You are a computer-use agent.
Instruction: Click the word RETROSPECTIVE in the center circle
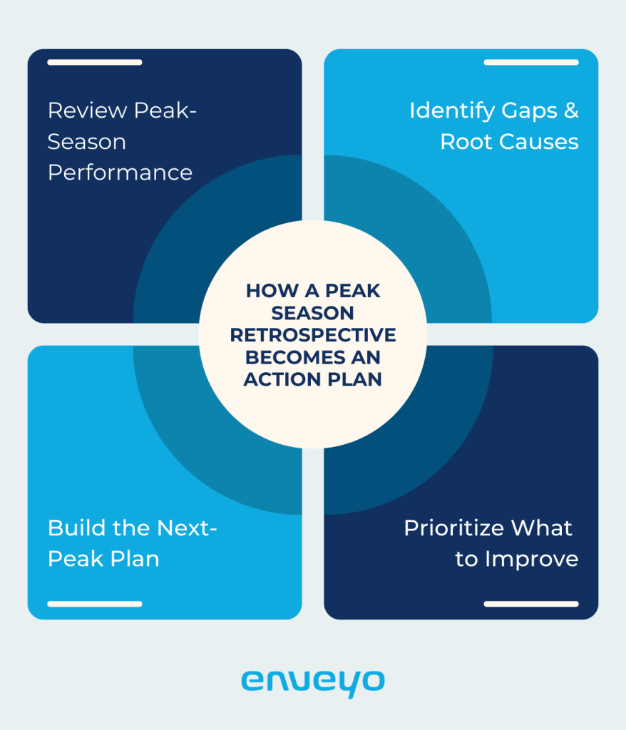(x=312, y=335)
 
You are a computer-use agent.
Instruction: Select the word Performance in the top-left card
(x=120, y=173)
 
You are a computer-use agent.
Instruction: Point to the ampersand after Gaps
(x=568, y=110)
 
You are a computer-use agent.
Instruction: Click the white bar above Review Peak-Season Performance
(x=94, y=63)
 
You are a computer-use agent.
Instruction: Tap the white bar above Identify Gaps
(x=530, y=63)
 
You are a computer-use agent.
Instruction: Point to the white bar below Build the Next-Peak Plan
(x=94, y=604)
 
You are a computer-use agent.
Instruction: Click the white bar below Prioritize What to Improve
(x=530, y=604)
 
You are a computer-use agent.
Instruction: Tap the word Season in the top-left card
(x=87, y=141)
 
